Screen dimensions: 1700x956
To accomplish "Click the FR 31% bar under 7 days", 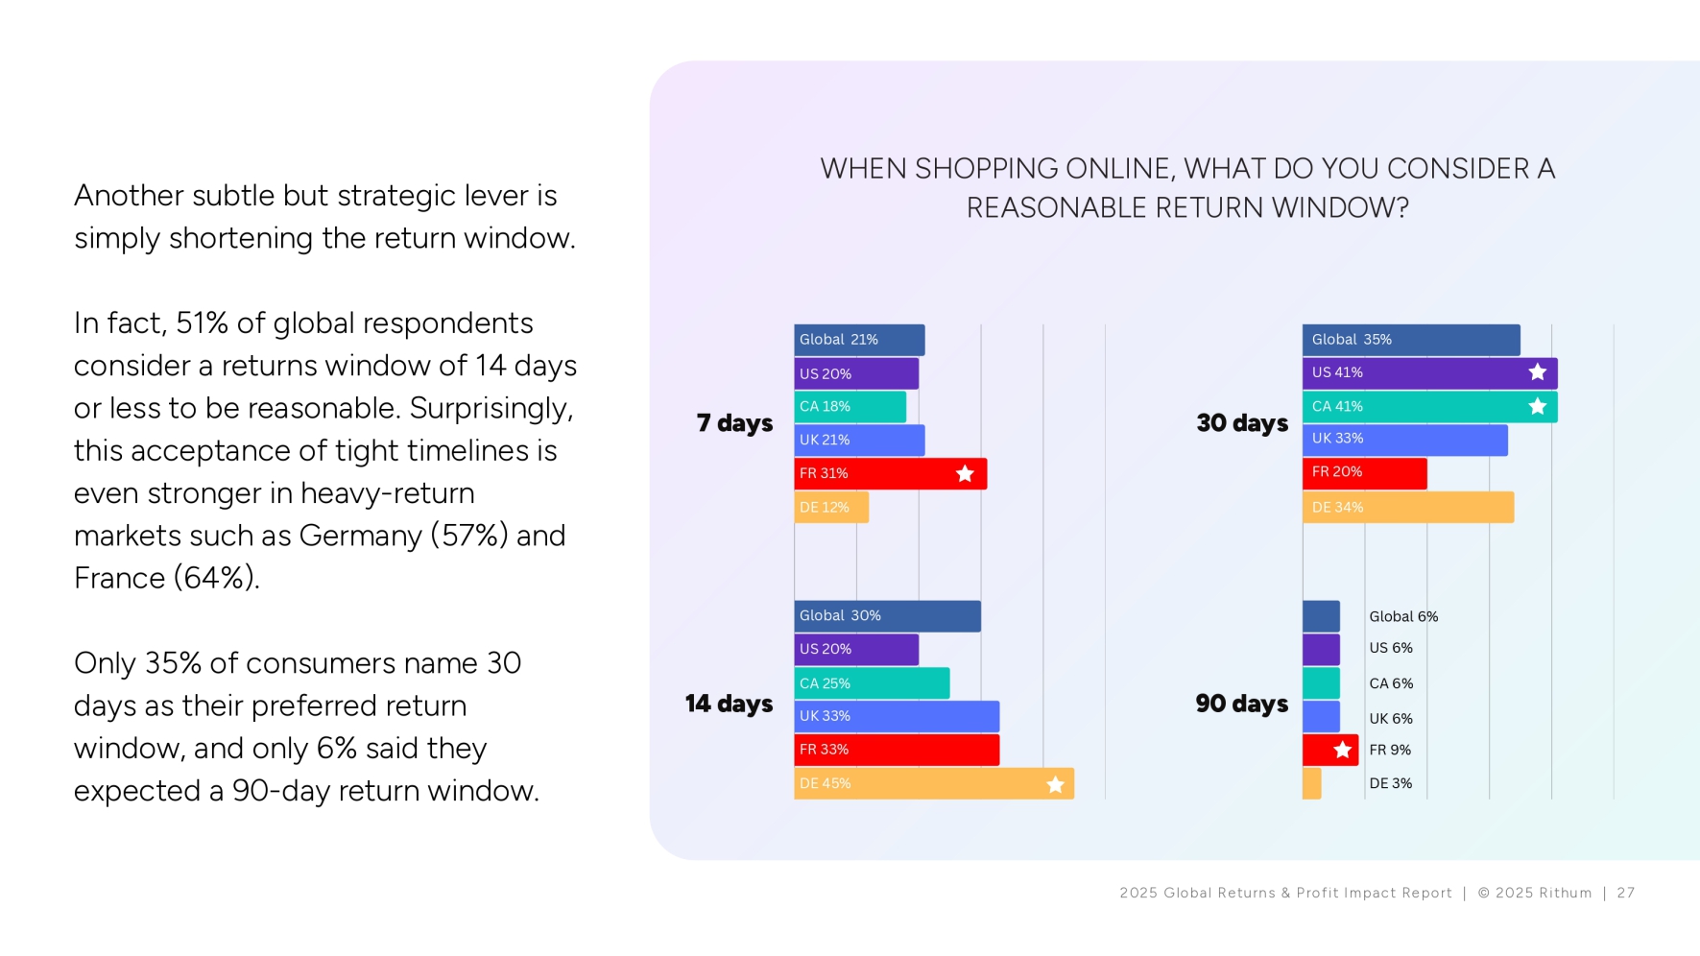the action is click(x=891, y=474).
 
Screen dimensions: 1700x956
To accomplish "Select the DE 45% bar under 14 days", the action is click(x=934, y=784).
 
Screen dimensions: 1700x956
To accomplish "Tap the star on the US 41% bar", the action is click(x=1538, y=372).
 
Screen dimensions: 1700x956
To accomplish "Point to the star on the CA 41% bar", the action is click(x=1538, y=407).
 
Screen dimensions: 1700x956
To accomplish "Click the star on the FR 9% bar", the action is click(x=1343, y=751).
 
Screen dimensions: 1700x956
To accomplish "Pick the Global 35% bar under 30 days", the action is click(x=1411, y=340).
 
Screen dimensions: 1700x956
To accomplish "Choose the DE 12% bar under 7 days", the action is click(x=831, y=508).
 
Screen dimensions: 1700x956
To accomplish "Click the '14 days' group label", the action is click(x=729, y=705).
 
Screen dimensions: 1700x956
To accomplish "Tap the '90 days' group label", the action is click(x=1242, y=705).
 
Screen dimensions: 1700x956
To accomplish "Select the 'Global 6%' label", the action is click(x=1403, y=617).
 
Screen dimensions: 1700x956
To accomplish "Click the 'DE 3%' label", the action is click(x=1391, y=784).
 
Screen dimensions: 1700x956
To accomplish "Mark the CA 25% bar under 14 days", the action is click(x=872, y=683).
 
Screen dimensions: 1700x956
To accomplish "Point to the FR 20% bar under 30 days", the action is click(x=1365, y=473).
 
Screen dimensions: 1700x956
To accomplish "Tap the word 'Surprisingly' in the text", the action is click(x=491, y=409).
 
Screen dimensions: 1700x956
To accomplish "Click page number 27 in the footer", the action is click(x=1626, y=894).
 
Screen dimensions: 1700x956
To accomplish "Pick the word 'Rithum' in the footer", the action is click(x=1565, y=894).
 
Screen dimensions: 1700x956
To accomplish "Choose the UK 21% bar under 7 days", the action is click(x=859, y=441).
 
